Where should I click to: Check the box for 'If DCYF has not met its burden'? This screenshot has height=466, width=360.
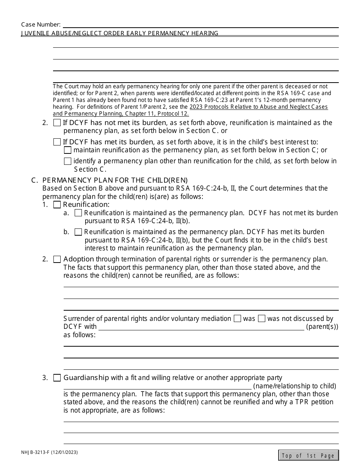pyautogui.click(x=57, y=123)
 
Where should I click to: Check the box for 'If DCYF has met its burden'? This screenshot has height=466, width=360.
pyautogui.click(x=57, y=142)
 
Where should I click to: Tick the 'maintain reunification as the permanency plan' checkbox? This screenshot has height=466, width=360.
pyautogui.click(x=67, y=150)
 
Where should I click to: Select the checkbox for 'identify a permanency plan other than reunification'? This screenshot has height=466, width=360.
pyautogui.click(x=67, y=161)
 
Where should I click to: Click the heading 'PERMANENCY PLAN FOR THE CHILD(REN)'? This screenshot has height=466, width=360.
pyautogui.click(x=115, y=180)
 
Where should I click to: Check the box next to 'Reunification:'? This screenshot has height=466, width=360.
pyautogui.click(x=57, y=205)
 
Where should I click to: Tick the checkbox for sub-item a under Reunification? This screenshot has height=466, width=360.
pyautogui.click(x=78, y=213)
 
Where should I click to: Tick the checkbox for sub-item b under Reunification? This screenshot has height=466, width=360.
pyautogui.click(x=78, y=232)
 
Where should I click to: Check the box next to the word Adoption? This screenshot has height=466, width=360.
pyautogui.click(x=57, y=260)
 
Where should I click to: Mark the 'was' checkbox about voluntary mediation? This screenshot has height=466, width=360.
pyautogui.click(x=237, y=319)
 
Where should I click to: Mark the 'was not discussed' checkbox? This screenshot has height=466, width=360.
pyautogui.click(x=261, y=319)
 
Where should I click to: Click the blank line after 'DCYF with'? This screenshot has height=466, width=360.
pyautogui.click(x=201, y=327)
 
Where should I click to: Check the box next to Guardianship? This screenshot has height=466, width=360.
pyautogui.click(x=57, y=378)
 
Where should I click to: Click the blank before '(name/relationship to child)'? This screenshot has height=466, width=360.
pyautogui.click(x=157, y=386)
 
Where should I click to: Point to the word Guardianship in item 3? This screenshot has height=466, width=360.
pyautogui.click(x=86, y=378)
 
